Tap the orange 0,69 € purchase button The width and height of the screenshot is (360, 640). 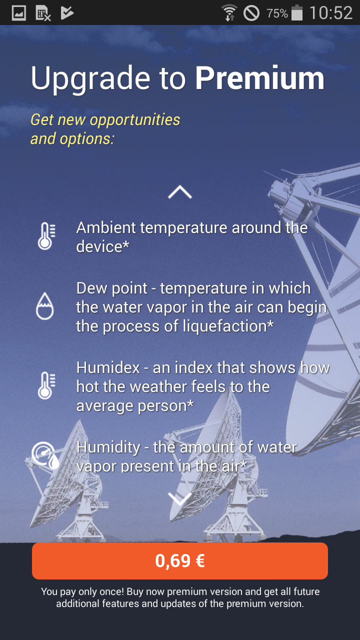click(x=180, y=561)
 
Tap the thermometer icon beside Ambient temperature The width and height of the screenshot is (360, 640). click(x=46, y=236)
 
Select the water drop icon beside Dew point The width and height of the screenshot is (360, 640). click(x=45, y=305)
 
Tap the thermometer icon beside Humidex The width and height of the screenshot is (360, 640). click(x=46, y=385)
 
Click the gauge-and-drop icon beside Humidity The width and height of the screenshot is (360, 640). click(x=45, y=455)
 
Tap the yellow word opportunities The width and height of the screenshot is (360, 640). click(x=135, y=120)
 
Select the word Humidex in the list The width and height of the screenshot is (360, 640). click(x=108, y=367)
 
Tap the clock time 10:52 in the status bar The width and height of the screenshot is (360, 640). click(x=331, y=13)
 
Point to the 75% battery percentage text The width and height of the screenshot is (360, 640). click(x=277, y=13)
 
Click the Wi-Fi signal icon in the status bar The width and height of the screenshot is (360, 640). click(x=229, y=13)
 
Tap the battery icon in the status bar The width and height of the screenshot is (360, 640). click(x=297, y=12)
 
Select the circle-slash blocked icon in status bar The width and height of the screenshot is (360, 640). click(x=251, y=13)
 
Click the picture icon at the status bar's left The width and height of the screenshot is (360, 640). click(x=19, y=13)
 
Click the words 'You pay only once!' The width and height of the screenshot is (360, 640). click(x=82, y=591)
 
